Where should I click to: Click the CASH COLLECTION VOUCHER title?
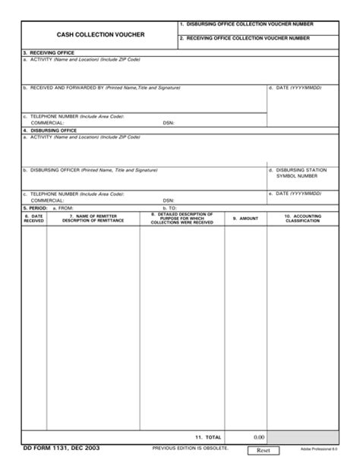[96, 35]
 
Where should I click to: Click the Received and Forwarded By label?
[102, 88]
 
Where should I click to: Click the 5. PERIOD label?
[34, 207]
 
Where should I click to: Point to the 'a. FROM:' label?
[63, 207]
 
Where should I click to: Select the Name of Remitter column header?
[93, 219]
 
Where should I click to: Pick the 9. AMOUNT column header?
[245, 219]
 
